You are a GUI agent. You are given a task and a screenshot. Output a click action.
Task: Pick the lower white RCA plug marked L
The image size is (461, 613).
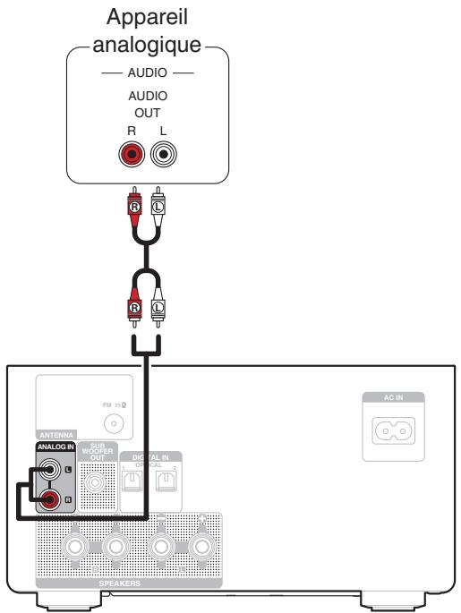click(158, 308)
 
